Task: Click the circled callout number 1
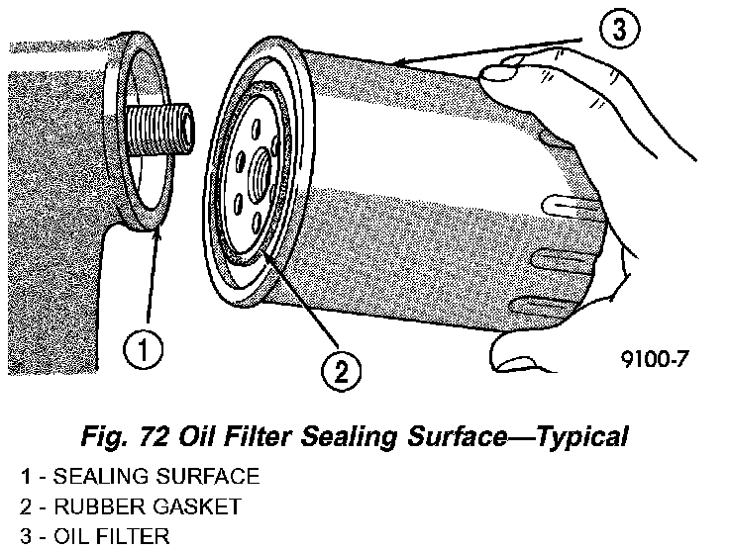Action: coord(144,349)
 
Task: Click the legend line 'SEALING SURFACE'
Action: coord(156,477)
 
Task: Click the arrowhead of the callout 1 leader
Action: coord(156,229)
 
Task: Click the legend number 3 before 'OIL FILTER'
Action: coord(25,537)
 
